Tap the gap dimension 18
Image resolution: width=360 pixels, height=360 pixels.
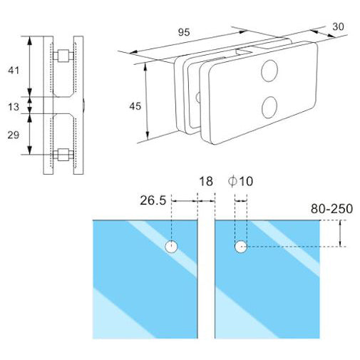tap(206, 182)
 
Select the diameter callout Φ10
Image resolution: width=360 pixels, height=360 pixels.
tap(240, 182)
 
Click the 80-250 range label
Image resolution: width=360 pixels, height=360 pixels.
tap(331, 209)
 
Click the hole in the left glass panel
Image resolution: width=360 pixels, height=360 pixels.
tap(172, 247)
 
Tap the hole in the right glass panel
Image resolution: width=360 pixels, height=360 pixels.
tap(241, 247)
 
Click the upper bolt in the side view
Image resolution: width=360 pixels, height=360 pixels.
tap(62, 55)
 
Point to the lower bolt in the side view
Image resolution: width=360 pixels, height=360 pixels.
tap(62, 154)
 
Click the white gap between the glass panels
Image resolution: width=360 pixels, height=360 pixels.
tap(206, 285)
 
